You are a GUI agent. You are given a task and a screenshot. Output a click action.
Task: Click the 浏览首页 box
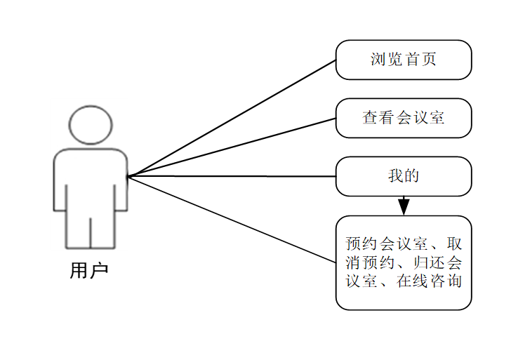pos(403,60)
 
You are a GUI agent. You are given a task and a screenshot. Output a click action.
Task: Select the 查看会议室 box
pos(403,118)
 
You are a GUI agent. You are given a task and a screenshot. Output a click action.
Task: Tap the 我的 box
pos(403,176)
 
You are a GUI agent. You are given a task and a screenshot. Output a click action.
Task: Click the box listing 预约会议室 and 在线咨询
pos(403,262)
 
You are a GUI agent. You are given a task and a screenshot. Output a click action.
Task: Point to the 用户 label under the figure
pos(89,271)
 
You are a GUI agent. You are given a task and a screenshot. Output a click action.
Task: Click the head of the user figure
pos(91,124)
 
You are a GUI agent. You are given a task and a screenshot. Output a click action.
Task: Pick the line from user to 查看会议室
pos(232,147)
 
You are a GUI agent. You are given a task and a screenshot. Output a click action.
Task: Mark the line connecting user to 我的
pos(232,176)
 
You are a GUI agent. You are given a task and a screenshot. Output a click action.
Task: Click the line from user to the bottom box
pos(232,219)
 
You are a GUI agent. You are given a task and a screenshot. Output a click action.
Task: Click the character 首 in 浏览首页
pos(411,60)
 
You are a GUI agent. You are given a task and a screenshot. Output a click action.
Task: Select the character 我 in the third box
pos(395,175)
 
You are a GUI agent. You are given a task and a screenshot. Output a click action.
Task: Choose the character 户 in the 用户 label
pos(99,271)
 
